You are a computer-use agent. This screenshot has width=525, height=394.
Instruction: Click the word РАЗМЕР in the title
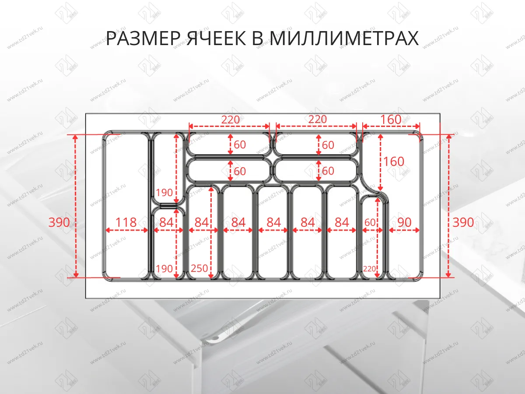(x=141, y=39)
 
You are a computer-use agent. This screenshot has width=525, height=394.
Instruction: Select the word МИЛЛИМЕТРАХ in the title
(x=343, y=39)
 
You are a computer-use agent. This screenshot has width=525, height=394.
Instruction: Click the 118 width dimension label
(x=126, y=222)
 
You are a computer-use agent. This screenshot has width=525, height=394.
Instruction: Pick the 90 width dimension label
(x=405, y=222)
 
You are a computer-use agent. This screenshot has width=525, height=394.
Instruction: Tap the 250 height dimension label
(x=199, y=268)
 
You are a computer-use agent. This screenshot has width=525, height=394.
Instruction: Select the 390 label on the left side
(x=59, y=222)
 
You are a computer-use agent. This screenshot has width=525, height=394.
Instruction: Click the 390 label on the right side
(x=463, y=222)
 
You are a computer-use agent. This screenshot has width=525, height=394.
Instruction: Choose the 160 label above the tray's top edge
(x=391, y=120)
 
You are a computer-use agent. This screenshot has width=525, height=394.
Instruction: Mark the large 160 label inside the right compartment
(x=394, y=161)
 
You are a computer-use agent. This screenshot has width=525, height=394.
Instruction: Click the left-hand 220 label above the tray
(x=231, y=120)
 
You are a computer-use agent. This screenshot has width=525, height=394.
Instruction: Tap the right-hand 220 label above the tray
(x=317, y=120)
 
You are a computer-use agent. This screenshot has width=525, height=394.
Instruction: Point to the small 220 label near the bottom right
(x=370, y=268)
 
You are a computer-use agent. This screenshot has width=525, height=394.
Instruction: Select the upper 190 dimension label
(x=164, y=192)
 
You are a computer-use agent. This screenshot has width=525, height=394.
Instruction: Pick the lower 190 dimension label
(x=164, y=268)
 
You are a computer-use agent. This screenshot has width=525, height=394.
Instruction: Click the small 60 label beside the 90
(x=370, y=222)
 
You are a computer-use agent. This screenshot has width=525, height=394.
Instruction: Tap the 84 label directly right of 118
(x=166, y=222)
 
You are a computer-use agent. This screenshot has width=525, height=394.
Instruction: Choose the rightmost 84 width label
(x=342, y=222)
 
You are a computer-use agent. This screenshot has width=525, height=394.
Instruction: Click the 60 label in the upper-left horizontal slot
(x=240, y=144)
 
